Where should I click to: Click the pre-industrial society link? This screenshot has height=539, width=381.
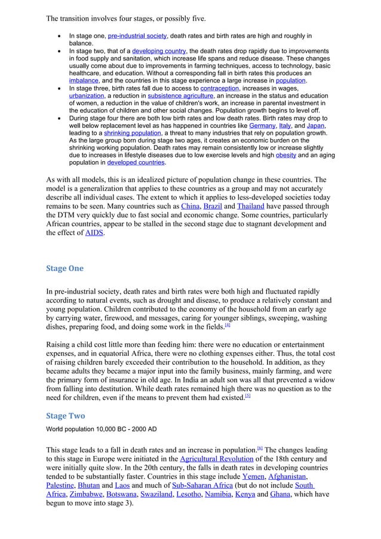pyautogui.click(x=137, y=36)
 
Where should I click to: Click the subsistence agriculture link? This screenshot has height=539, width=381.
pyautogui.click(x=177, y=96)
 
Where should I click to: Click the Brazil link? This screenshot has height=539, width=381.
pyautogui.click(x=212, y=207)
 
